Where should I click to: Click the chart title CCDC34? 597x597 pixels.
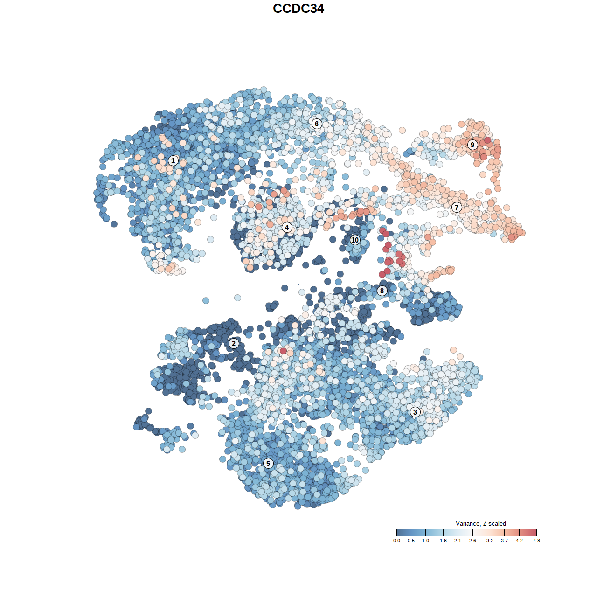(298, 8)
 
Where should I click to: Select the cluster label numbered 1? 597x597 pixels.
(173, 160)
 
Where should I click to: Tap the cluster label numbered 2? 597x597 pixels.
(234, 344)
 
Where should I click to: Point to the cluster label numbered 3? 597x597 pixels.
(415, 412)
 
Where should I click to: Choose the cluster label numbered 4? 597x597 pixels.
(287, 228)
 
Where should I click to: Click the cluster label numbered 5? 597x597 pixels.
(268, 463)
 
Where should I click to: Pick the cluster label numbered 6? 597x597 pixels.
(317, 124)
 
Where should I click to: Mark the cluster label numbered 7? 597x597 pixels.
(457, 208)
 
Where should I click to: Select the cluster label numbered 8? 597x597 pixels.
(382, 291)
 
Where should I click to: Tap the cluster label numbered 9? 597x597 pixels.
(472, 145)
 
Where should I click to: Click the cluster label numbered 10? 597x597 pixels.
(355, 240)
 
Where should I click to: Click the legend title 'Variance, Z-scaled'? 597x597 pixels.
(480, 523)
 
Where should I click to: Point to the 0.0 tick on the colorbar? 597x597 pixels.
(396, 541)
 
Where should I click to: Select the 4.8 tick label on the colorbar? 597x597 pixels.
(536, 541)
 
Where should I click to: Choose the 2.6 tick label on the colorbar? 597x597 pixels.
(472, 541)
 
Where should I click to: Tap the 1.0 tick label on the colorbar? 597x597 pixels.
(425, 541)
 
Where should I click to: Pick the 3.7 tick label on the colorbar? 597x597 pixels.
(504, 541)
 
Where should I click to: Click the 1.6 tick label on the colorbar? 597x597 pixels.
(443, 541)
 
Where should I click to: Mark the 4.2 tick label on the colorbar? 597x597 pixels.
(519, 541)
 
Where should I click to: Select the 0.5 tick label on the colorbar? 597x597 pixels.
(411, 541)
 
